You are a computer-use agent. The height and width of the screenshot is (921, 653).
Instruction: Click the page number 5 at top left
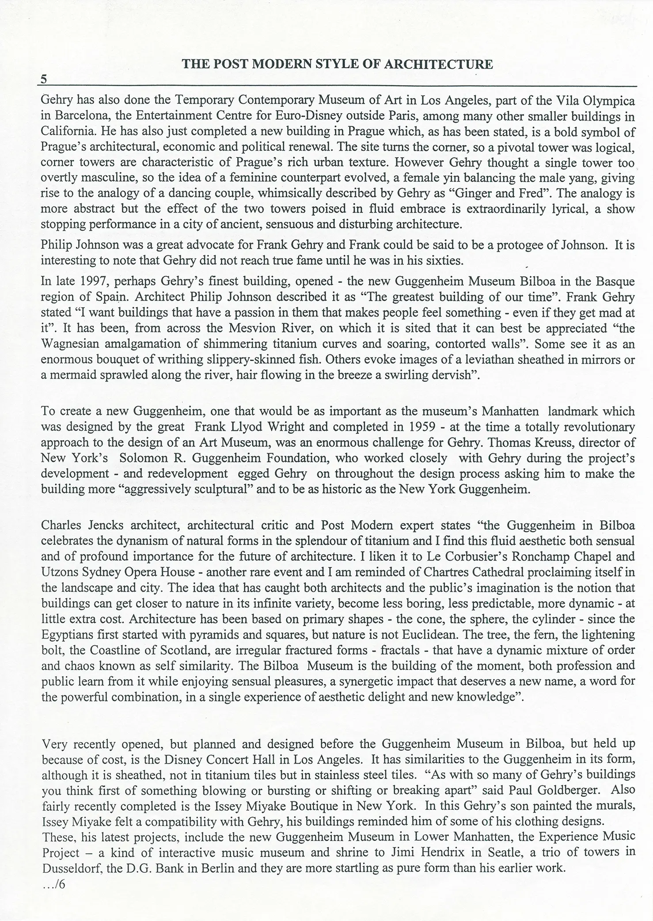coord(44,79)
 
